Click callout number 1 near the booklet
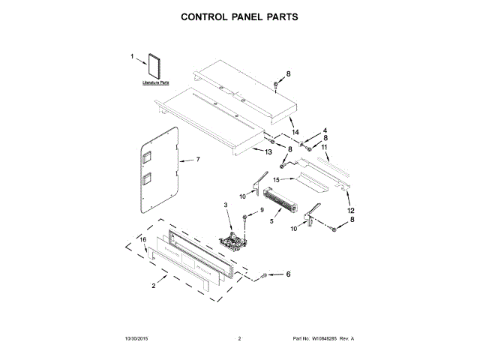click(132, 56)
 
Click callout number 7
click(198, 160)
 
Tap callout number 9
click(262, 210)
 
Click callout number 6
click(288, 274)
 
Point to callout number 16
click(142, 239)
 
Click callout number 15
click(276, 180)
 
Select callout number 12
click(350, 211)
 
